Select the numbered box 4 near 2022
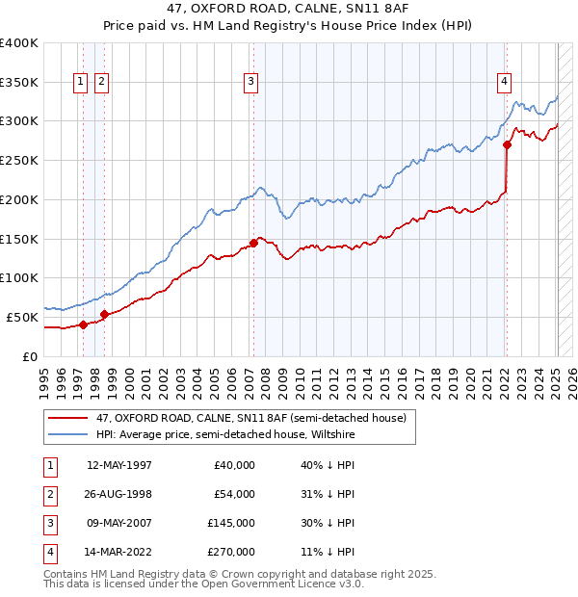[504, 83]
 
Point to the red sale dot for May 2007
[253, 243]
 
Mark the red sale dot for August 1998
[104, 314]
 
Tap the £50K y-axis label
[23, 317]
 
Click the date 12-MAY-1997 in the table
[119, 465]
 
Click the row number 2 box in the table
[49, 494]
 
